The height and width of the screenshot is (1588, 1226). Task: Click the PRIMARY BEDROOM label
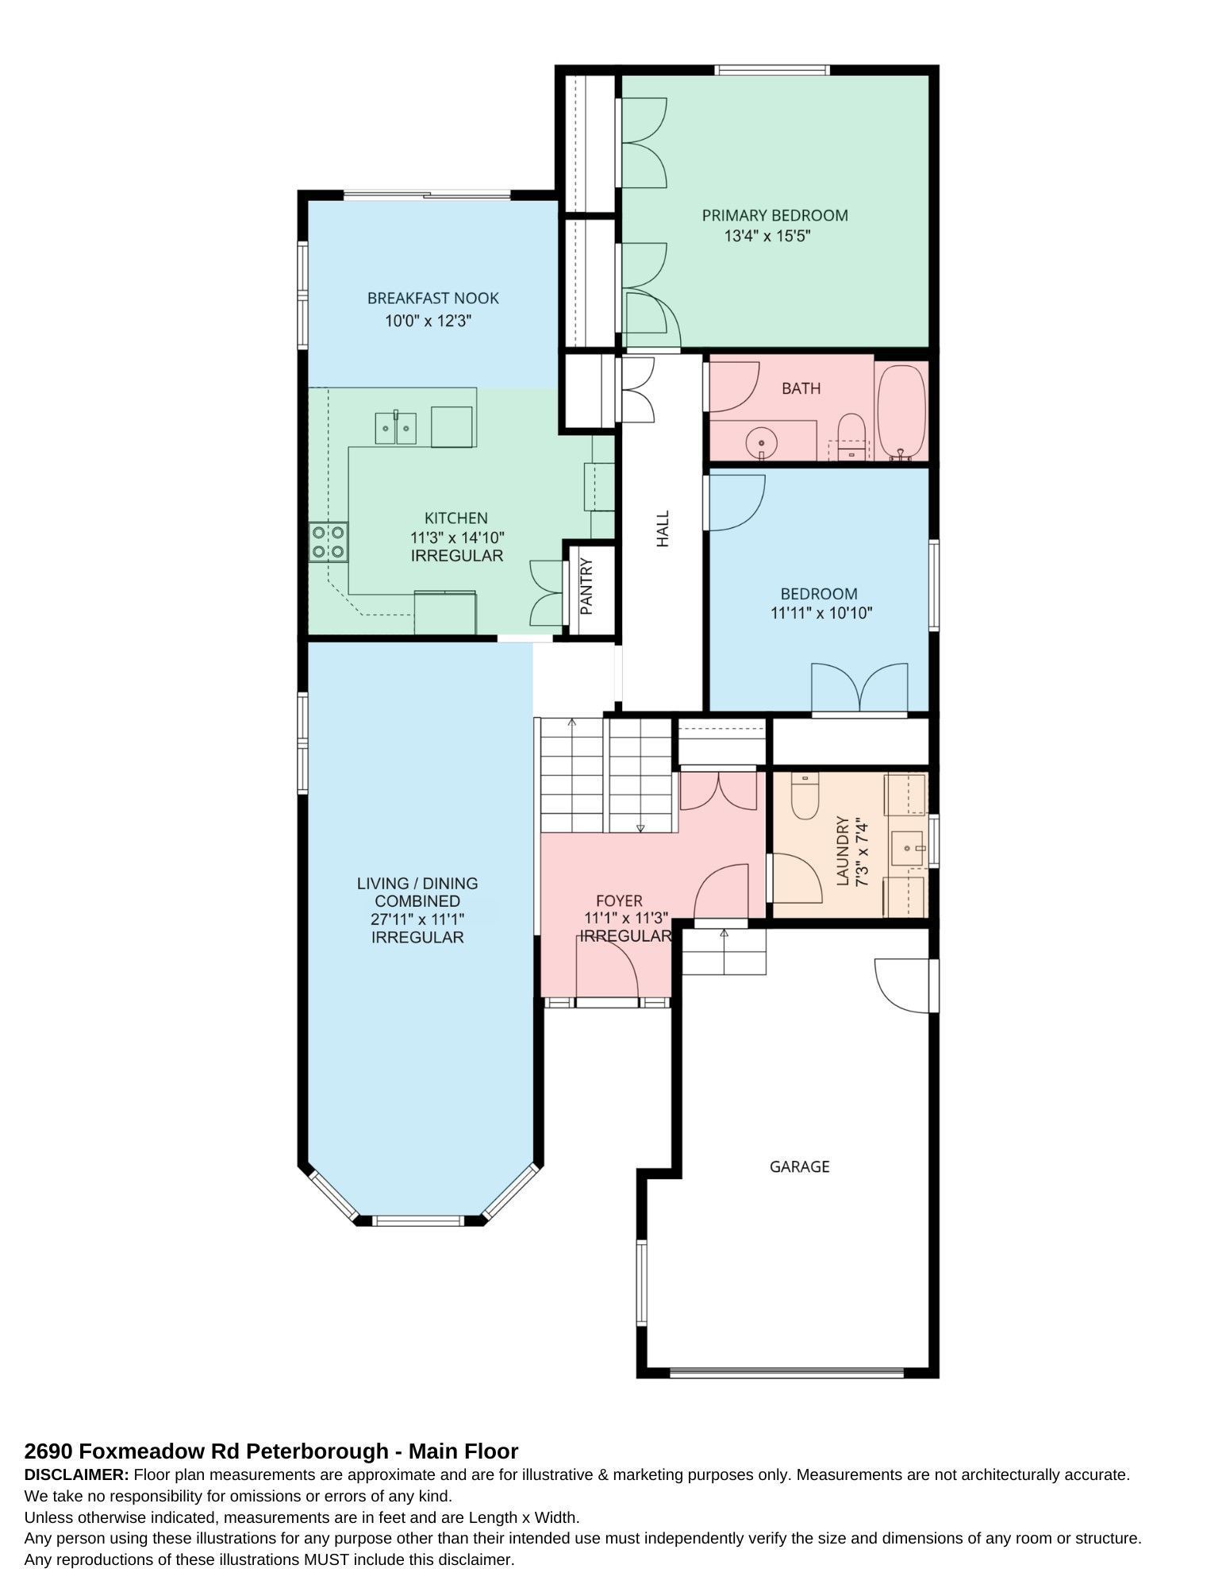pos(774,215)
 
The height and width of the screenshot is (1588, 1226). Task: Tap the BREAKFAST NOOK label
pos(432,299)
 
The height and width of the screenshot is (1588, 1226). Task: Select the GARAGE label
pos(799,1166)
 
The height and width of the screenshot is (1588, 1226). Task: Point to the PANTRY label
pos(587,587)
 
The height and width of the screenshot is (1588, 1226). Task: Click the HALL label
pos(663,529)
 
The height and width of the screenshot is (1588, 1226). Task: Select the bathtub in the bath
pos(901,411)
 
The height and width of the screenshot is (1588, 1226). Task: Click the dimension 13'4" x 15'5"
pos(767,236)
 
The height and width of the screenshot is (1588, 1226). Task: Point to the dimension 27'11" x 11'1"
pos(417,919)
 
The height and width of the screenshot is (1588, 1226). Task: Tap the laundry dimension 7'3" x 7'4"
pos(860,852)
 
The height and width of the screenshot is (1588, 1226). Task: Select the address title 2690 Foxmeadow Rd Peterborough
pos(206,1451)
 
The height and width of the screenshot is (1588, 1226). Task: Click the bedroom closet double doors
pos(859,688)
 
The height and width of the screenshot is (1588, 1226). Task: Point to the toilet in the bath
pos(851,437)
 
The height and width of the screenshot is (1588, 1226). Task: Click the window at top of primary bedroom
pos(772,70)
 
